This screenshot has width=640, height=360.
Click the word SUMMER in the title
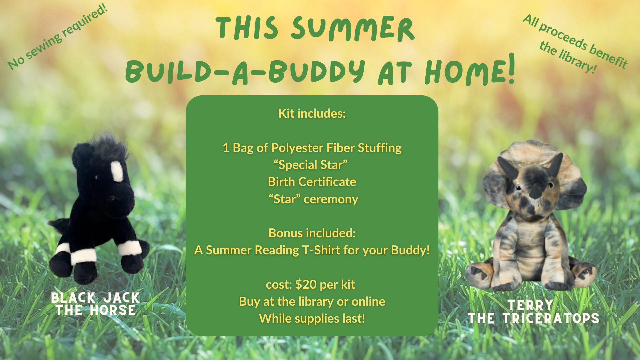pyautogui.click(x=352, y=29)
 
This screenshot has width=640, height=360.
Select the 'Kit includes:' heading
pyautogui.click(x=312, y=114)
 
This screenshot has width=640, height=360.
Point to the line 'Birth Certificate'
pyautogui.click(x=312, y=182)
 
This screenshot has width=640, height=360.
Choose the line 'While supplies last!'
pyautogui.click(x=312, y=318)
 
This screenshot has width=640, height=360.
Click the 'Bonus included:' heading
pyautogui.click(x=312, y=233)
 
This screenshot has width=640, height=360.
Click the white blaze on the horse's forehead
pyautogui.click(x=117, y=171)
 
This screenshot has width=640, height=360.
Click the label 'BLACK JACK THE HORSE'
pyautogui.click(x=95, y=304)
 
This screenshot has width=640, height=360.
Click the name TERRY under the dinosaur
pyautogui.click(x=530, y=305)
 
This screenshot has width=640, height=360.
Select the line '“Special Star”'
pyautogui.click(x=311, y=165)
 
